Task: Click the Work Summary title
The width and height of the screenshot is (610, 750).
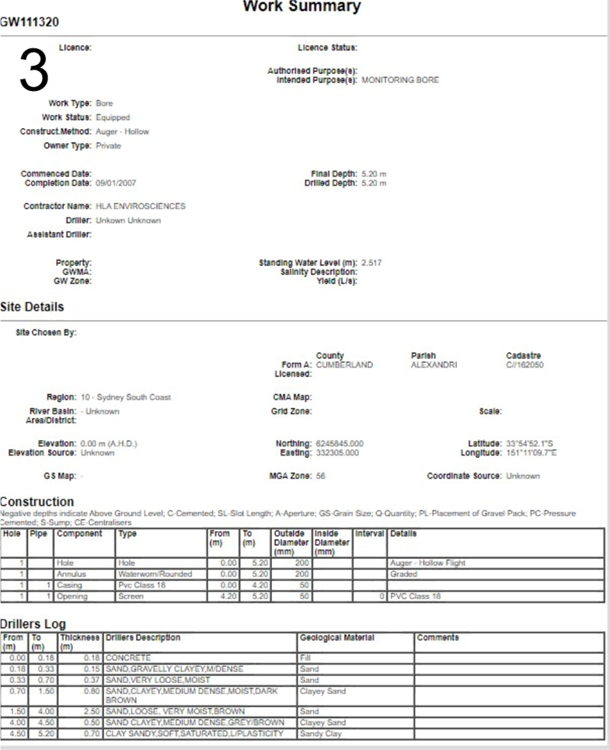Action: coord(302,7)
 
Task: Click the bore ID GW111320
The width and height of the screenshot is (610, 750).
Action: coord(30,23)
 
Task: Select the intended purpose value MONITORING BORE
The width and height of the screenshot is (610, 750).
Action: coord(401,80)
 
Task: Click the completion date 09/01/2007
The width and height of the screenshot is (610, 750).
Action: coord(116,183)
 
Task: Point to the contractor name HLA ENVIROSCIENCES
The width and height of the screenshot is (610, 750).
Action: coord(141,207)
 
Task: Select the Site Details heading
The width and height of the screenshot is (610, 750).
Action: coord(32,307)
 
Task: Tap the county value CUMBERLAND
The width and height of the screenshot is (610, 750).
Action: coord(344,365)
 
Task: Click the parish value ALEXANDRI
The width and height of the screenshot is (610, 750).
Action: coord(433,365)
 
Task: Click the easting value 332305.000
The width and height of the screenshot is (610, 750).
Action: coord(337,452)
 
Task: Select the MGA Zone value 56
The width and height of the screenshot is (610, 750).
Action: coord(321,475)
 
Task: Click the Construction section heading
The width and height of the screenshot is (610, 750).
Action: coord(37,502)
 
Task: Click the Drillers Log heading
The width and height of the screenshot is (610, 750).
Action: coord(33,624)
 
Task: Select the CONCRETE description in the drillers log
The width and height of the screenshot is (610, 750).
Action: coord(128,658)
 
